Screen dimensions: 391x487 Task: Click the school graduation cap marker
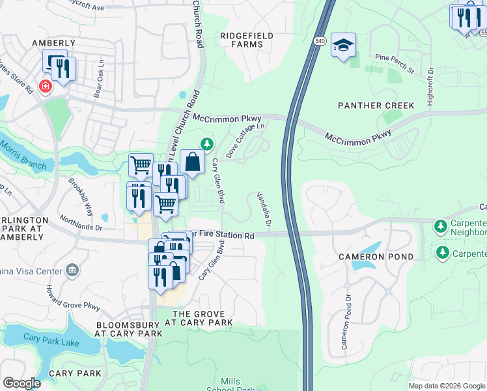(343, 46)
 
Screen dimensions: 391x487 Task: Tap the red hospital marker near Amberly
(45, 86)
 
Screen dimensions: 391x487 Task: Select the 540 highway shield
(319, 41)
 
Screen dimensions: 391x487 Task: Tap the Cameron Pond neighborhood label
(375, 257)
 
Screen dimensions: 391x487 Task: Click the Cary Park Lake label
(50, 338)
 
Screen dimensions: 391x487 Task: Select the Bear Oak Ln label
(99, 79)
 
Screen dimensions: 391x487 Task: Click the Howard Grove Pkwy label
(73, 297)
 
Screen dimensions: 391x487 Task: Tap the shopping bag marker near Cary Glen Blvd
(193, 162)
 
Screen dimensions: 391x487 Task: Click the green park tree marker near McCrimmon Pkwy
(206, 143)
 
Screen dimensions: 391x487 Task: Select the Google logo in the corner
(21, 383)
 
